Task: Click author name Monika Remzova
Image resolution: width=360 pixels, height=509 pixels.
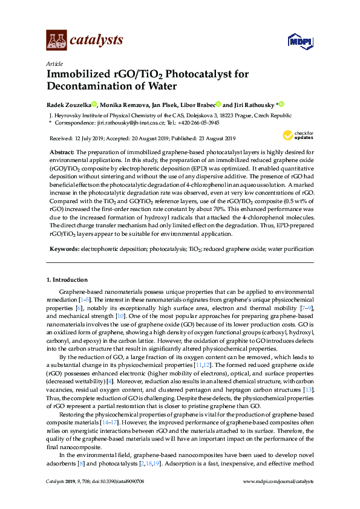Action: pyautogui.click(x=125, y=104)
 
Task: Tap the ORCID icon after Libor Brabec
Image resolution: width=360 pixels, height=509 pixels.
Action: pyautogui.click(x=218, y=104)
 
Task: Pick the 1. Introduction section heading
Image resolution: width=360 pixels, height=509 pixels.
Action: pyautogui.click(x=67, y=279)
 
